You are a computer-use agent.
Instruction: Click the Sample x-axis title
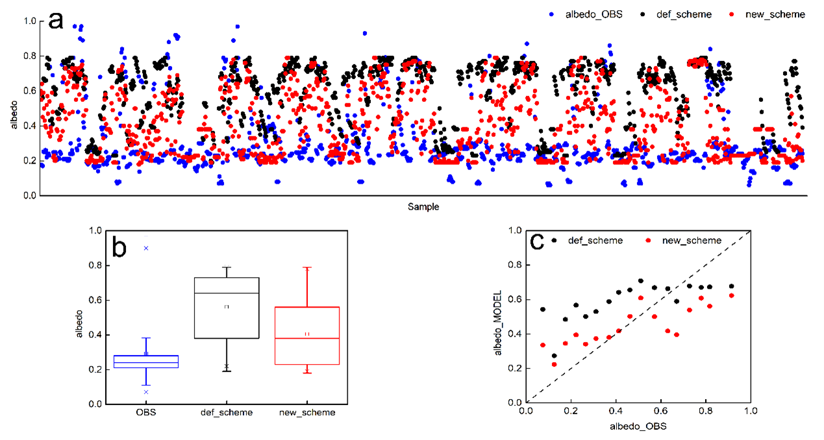(423, 207)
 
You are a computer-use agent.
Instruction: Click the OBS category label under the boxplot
(146, 412)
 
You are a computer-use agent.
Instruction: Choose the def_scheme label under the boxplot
(227, 412)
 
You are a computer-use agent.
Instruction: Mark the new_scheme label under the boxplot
(307, 412)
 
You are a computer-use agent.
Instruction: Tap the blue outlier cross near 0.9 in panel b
(146, 248)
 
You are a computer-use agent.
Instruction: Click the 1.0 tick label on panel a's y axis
(29, 21)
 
